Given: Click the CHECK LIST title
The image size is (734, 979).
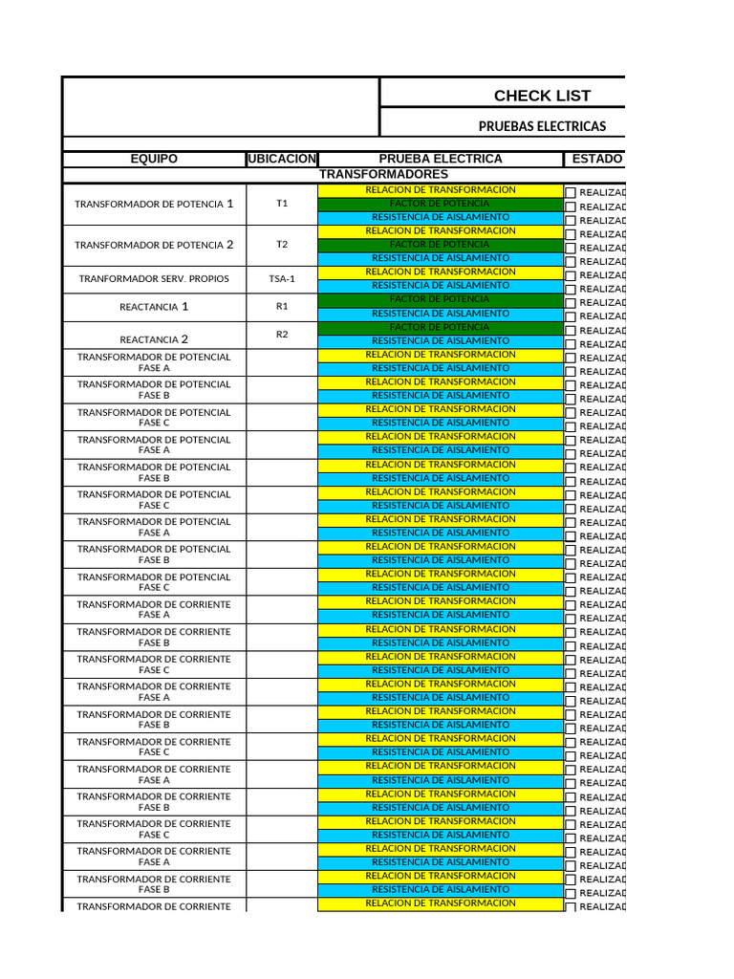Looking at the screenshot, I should pyautogui.click(x=542, y=96).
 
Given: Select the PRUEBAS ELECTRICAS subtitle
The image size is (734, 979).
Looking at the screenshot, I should pyautogui.click(x=542, y=126).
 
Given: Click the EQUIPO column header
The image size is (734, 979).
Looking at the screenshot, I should pyautogui.click(x=154, y=159).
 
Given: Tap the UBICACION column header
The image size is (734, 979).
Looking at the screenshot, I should pyautogui.click(x=282, y=159).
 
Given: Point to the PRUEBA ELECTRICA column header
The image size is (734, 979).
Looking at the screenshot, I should pyautogui.click(x=441, y=159).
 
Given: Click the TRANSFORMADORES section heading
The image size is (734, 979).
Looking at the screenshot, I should pyautogui.click(x=383, y=174).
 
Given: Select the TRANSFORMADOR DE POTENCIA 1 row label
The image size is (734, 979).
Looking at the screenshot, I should pyautogui.click(x=154, y=204).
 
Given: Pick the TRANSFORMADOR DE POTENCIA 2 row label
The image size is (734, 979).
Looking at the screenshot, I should pyautogui.click(x=154, y=245).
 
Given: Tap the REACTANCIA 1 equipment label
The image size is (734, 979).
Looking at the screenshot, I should pyautogui.click(x=154, y=307).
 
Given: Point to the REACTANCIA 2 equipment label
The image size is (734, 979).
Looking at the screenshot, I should pyautogui.click(x=154, y=339).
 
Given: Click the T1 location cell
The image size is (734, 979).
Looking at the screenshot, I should pyautogui.click(x=282, y=204).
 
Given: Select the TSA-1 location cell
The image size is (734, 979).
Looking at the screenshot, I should pyautogui.click(x=282, y=279).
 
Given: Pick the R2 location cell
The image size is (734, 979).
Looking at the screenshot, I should pyautogui.click(x=282, y=335).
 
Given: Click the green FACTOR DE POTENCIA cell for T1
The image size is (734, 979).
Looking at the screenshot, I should pyautogui.click(x=441, y=204).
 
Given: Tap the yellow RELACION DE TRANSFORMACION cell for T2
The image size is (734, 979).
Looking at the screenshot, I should pyautogui.click(x=441, y=230).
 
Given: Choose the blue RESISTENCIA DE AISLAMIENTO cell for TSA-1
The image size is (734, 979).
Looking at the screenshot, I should pyautogui.click(x=441, y=285).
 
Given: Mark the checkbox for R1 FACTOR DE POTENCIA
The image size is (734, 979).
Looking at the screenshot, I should pyautogui.click(x=571, y=303).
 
